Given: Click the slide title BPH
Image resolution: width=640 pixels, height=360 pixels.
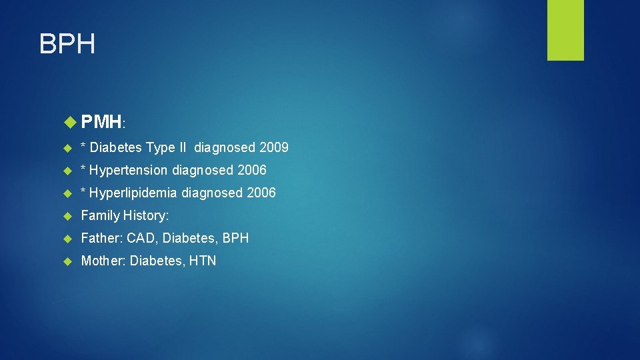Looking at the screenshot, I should coord(67,44).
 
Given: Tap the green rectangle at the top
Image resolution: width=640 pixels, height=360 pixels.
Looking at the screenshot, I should coord(565,30).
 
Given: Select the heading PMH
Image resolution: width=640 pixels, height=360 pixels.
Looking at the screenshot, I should coord(101,121).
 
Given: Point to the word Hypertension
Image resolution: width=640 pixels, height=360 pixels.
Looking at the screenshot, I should coord(129,170).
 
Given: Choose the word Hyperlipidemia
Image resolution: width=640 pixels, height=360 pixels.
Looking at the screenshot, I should coord(133,193).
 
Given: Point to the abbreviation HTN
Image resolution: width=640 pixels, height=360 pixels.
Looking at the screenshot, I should coord(203,261).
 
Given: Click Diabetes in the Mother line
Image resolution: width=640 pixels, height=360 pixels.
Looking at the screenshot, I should coord(157,261).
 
